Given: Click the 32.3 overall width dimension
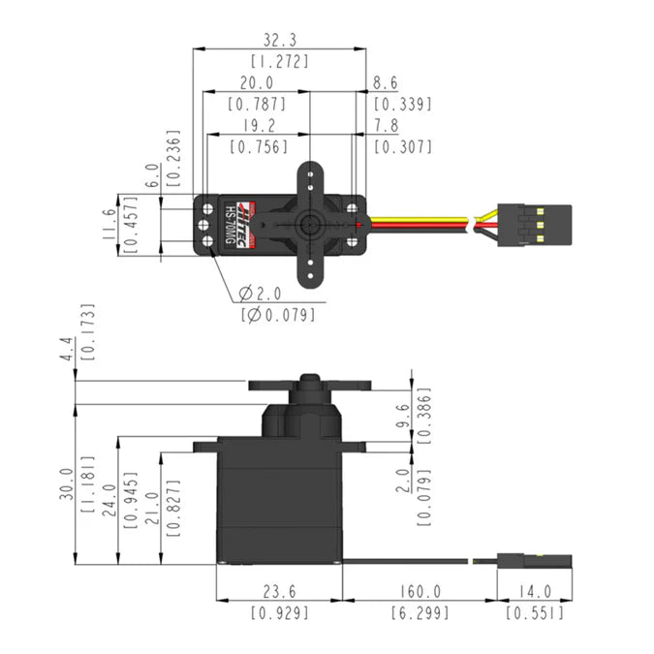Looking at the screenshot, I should coord(280,40).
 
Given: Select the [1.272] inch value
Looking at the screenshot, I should coord(280,61).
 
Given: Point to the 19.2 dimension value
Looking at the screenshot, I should coord(256,126).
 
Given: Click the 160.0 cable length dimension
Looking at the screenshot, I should coord(419,591).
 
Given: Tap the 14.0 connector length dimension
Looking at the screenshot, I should coord(534,591).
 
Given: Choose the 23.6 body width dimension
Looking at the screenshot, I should coord(278,591).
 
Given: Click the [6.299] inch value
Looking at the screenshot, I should coord(419,612).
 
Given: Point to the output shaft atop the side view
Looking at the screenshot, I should coord(310,379).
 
